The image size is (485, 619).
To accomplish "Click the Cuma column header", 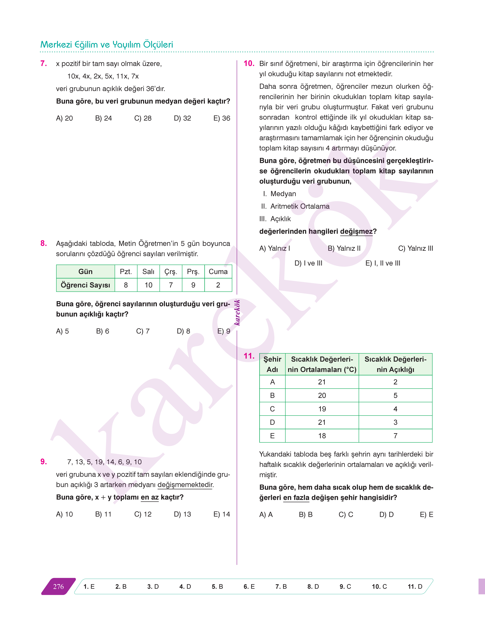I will click(x=218, y=272).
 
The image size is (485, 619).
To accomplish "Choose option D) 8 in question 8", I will click(x=183, y=331).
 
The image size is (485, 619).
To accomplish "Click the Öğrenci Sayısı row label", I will click(x=85, y=285).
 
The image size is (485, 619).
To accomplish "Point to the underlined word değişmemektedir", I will click(x=185, y=485).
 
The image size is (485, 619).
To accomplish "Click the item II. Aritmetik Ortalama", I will click(x=295, y=206).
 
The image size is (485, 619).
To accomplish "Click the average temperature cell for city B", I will click(x=322, y=395).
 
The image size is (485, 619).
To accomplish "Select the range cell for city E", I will click(x=395, y=436).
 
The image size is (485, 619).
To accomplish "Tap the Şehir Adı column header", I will click(x=272, y=364).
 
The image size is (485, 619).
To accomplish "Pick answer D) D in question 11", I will click(x=386, y=514).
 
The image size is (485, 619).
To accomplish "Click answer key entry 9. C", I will click(x=345, y=586).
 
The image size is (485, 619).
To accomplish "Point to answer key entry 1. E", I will click(x=89, y=586).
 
